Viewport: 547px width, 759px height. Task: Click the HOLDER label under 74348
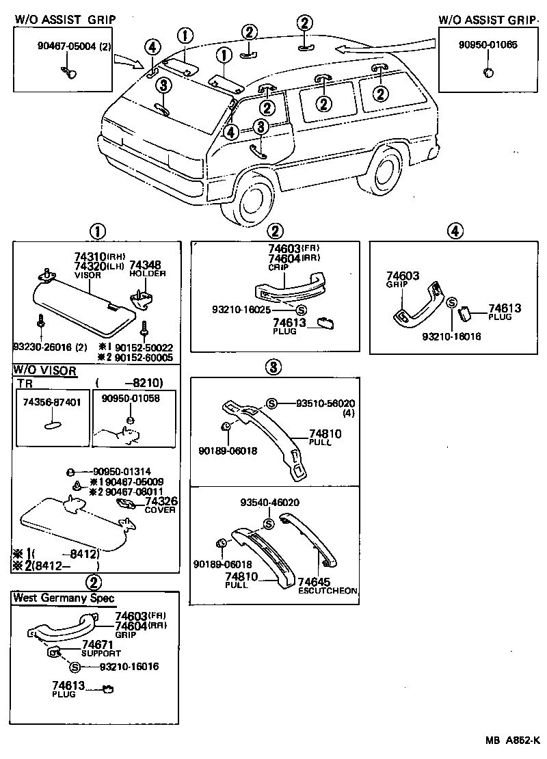point(143,273)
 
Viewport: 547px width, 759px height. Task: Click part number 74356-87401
point(50,401)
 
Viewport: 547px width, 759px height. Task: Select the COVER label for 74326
point(163,509)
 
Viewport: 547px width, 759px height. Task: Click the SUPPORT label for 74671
point(101,653)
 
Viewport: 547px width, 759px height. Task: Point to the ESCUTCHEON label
point(328,590)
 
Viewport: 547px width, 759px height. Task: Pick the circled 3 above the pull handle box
point(273,367)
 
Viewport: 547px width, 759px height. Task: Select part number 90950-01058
point(131,398)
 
